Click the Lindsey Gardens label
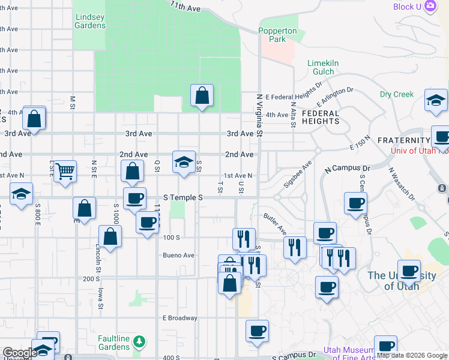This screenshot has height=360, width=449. point(90,21)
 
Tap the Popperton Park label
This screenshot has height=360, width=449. point(277,35)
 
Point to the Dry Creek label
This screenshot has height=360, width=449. point(397,94)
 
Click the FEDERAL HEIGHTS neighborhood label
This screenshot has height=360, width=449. point(321,117)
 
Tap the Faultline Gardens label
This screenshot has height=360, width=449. point(114,343)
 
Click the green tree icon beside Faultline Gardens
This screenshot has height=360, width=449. point(139,342)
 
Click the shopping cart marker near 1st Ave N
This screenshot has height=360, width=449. point(64,170)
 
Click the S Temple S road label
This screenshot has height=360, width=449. point(183,197)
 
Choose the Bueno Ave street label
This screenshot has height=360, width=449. point(179,255)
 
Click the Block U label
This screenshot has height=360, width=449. point(407,7)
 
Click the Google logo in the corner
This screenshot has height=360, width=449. point(20,353)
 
